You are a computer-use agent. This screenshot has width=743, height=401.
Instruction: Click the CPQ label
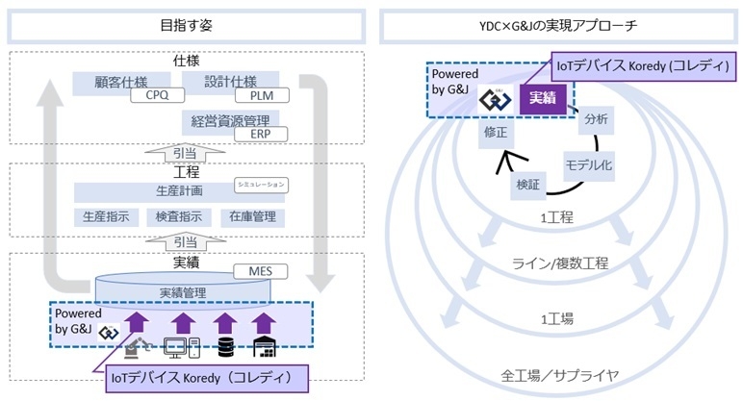(157, 96)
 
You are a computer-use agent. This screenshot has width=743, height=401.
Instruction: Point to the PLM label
(261, 96)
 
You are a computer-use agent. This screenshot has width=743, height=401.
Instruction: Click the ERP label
(261, 134)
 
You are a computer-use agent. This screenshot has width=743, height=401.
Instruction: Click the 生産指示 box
(105, 216)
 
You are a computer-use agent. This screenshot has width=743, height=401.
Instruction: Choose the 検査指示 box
(177, 216)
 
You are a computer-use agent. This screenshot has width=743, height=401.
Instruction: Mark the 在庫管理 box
(251, 216)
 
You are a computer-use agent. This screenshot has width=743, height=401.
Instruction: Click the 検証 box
(528, 184)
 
